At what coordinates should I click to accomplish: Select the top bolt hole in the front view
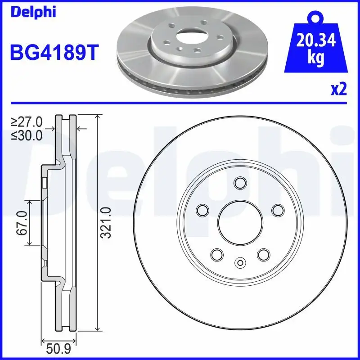[240, 183]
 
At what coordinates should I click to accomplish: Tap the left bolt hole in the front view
[202, 210]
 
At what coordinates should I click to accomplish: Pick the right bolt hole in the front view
[278, 210]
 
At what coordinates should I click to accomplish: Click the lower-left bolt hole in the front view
[216, 255]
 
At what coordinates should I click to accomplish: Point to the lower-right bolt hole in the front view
[263, 255]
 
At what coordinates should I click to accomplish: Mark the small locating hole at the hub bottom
[240, 262]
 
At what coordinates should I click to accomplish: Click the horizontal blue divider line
[180, 103]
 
